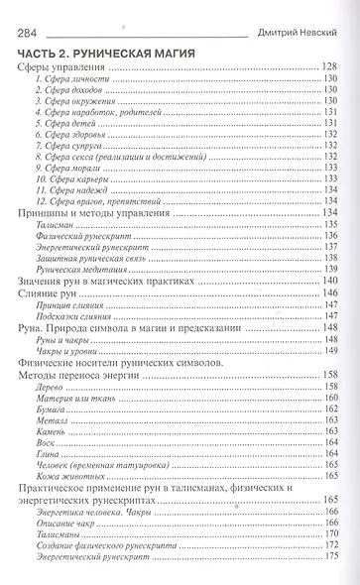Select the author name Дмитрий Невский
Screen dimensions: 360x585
tap(298, 31)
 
